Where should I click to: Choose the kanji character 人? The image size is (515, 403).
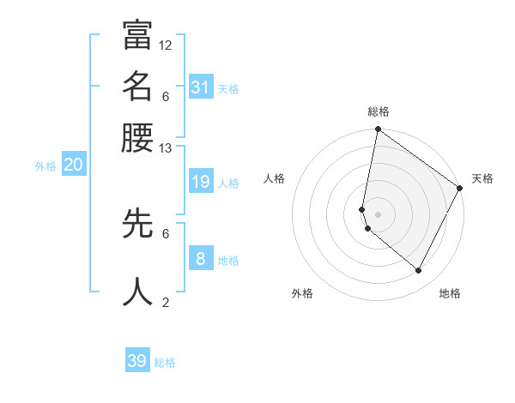[137, 292]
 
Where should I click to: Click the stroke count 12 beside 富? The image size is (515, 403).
[166, 45]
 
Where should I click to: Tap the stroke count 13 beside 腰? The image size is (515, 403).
[166, 147]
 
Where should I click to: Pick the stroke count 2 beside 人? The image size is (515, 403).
[166, 302]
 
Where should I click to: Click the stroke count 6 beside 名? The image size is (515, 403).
[166, 95]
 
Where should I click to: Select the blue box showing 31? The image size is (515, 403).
[200, 87]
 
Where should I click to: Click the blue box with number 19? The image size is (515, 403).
[200, 182]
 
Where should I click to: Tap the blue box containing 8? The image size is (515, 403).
[200, 259]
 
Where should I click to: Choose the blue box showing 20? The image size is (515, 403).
[73, 165]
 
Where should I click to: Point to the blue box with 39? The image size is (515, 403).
[137, 361]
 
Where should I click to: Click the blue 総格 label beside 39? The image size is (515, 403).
[165, 363]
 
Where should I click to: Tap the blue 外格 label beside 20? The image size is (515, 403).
[45, 167]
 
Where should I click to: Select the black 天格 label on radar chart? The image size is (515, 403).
[482, 178]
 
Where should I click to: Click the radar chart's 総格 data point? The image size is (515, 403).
[378, 130]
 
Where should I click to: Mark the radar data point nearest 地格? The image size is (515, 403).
[419, 271]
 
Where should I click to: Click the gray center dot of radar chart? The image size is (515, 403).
[378, 214]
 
